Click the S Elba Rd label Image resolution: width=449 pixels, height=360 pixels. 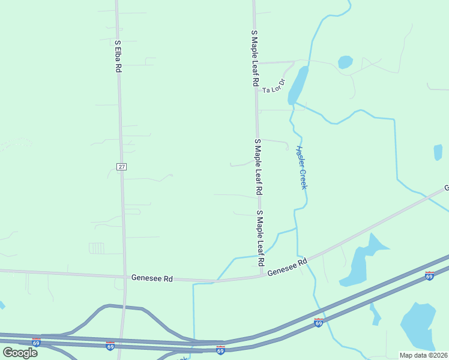118,56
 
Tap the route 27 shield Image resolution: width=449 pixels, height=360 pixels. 121,166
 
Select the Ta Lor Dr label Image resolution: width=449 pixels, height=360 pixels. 274,86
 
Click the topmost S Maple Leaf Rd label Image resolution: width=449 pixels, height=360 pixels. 255,58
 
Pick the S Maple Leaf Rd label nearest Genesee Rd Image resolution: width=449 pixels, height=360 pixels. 261,239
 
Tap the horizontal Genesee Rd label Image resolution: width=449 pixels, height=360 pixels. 152,278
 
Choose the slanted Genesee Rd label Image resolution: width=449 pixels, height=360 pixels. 288,267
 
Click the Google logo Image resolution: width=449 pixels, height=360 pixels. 20,352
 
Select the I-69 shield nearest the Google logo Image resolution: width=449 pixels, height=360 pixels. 36,343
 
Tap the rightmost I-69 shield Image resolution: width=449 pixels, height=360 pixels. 429,275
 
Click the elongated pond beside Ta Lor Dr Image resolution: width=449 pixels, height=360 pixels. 298,85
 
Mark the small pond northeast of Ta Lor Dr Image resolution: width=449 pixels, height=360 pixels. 345,62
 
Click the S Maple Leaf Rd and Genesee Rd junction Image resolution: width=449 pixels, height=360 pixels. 262,276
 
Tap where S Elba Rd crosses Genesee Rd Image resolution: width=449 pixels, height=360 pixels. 124,277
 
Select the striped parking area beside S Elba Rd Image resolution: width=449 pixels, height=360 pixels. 97,248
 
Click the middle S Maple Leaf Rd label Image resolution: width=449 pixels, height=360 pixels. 258,166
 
